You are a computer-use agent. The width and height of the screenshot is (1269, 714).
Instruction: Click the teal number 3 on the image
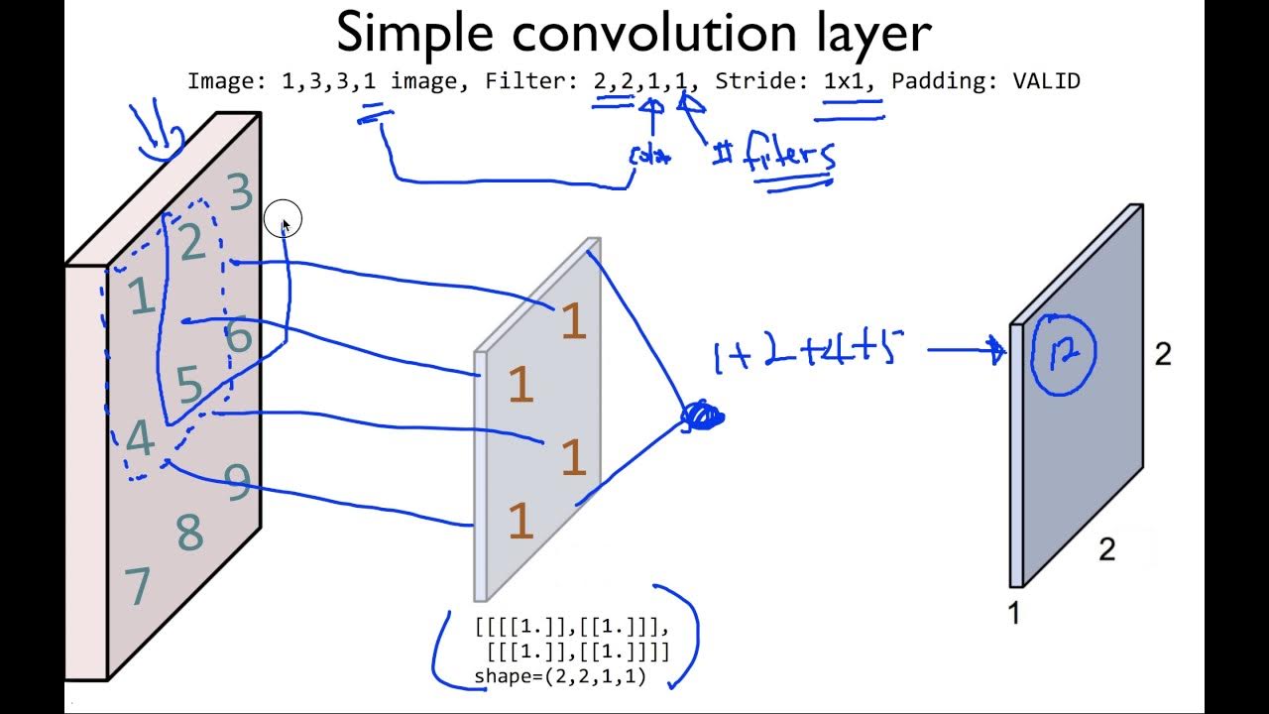tap(240, 192)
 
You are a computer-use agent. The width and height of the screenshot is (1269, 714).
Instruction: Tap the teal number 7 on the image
tap(138, 586)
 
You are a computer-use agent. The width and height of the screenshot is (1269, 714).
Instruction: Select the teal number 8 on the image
tap(189, 534)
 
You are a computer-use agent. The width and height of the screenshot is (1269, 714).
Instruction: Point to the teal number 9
tap(238, 482)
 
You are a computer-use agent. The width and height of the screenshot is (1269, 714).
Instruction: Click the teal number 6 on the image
tap(239, 337)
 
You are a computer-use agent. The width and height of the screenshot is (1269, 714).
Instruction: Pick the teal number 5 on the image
tap(189, 385)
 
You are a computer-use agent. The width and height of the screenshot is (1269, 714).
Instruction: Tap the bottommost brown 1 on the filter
tap(520, 522)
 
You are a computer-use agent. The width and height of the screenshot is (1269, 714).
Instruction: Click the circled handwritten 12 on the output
tap(1064, 353)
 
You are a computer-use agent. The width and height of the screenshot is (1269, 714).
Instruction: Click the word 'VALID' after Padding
tap(1046, 81)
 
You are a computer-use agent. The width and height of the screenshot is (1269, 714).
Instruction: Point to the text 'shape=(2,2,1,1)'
tap(560, 676)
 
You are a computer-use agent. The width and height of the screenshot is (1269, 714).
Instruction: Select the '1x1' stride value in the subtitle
tap(849, 81)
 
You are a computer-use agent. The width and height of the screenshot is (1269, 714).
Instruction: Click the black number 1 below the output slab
tap(1013, 614)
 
